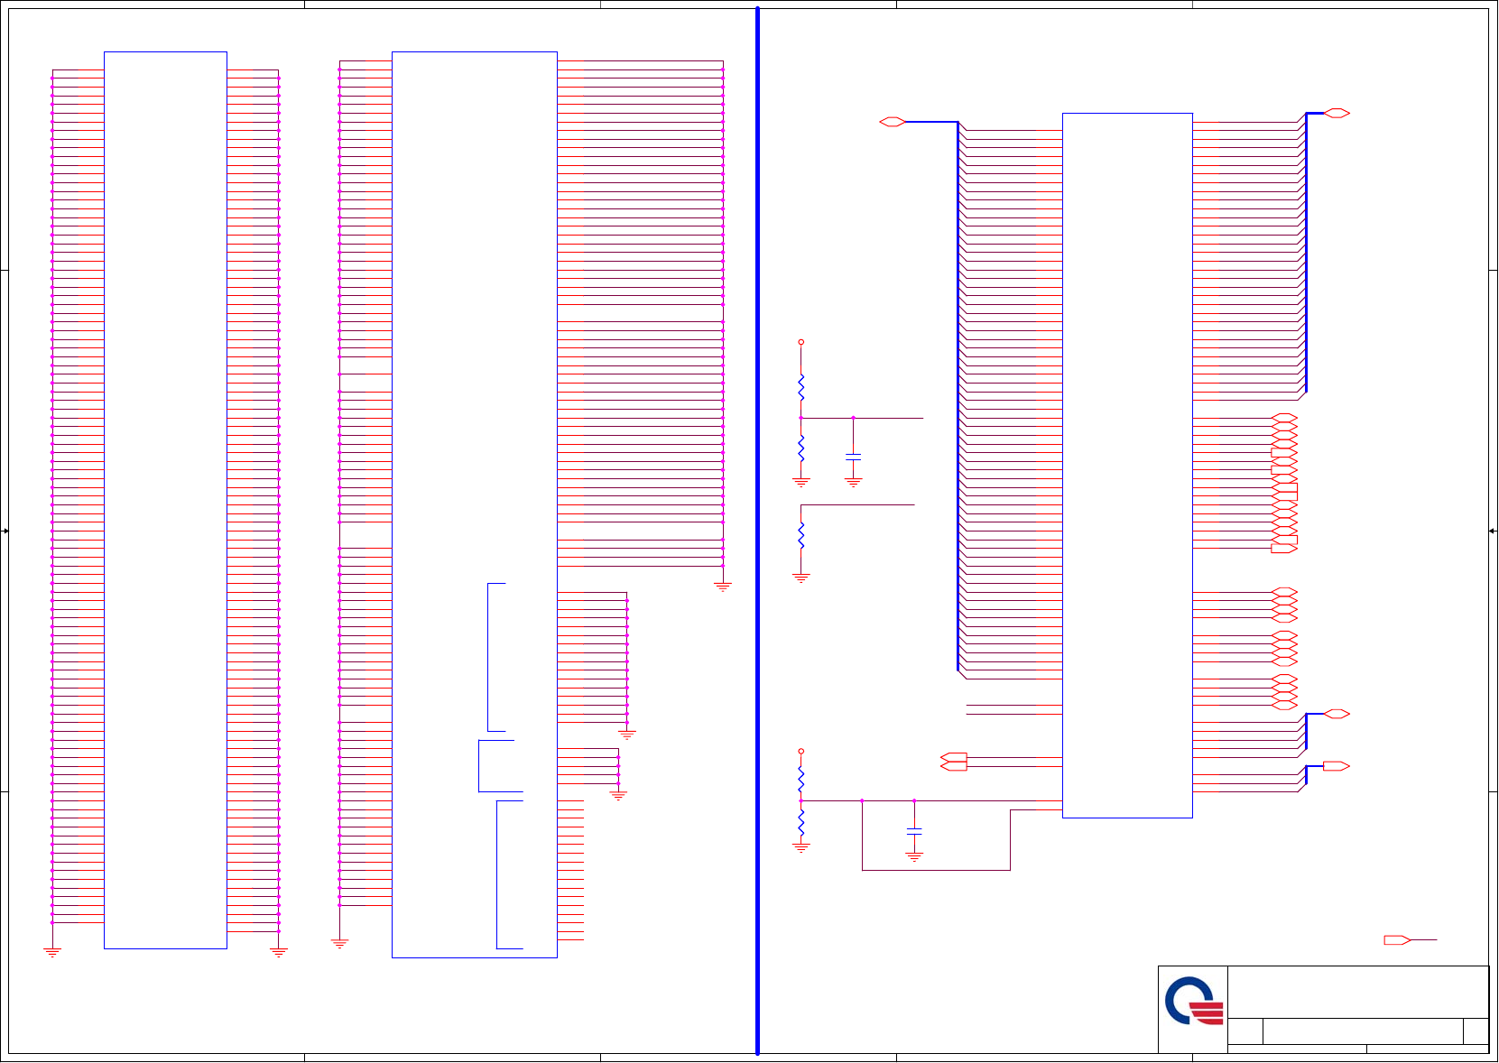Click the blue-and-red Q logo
point(1193,1002)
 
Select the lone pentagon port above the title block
point(1397,940)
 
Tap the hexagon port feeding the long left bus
point(892,122)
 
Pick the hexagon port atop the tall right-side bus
point(1337,113)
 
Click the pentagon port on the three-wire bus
point(1336,766)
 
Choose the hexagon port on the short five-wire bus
point(1337,714)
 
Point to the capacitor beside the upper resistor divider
point(853,457)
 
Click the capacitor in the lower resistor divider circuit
point(914,830)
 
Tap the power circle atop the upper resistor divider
point(800,342)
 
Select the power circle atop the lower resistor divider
point(800,751)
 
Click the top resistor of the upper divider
point(800,388)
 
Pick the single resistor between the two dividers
point(800,535)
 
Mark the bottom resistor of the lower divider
point(800,822)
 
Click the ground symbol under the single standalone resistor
point(800,578)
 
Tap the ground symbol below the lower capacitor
point(914,857)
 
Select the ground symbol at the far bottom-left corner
point(52,952)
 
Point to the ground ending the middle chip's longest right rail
point(722,587)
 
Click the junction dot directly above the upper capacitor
point(853,418)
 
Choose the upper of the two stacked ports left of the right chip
point(953,757)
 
